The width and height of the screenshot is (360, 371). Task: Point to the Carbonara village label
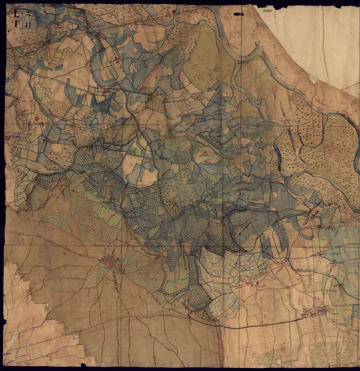click(x=320, y=308)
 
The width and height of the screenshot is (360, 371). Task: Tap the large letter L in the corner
click(x=17, y=13)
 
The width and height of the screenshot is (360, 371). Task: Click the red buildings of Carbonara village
click(x=314, y=315)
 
